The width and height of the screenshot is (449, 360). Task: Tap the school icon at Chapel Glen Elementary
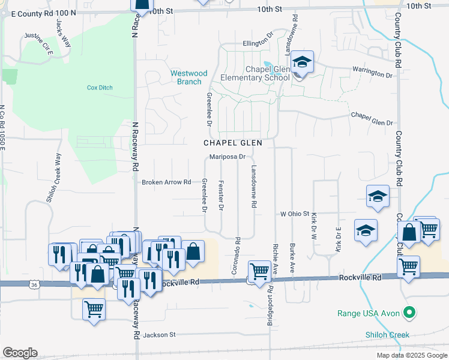tap(302, 63)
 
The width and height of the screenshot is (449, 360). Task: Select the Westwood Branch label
tap(188, 77)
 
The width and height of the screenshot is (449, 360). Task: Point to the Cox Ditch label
tap(100, 88)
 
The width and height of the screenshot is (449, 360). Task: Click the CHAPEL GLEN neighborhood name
tap(234, 143)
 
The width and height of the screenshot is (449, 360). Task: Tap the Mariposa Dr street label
tap(228, 157)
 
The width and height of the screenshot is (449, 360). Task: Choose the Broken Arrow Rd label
tap(166, 182)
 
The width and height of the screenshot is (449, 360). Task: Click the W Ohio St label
tap(294, 214)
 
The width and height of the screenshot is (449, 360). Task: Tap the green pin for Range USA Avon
tap(409, 312)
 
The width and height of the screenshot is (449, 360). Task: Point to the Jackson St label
tap(159, 334)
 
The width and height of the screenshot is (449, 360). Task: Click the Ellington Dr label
tap(258, 43)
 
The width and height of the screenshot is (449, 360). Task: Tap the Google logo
tap(20, 353)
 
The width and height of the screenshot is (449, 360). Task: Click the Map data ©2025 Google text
tap(412, 355)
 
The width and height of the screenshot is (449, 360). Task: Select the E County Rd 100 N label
tap(44, 12)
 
